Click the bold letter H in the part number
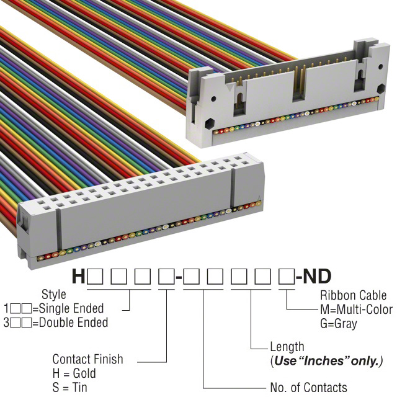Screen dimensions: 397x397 pos(78,276)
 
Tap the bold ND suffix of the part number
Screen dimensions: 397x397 pos(317,276)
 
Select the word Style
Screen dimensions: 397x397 pos(54,295)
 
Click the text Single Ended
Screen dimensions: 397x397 pos(71,308)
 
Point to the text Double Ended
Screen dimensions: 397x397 pos(74,323)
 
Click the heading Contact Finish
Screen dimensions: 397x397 pos(87,359)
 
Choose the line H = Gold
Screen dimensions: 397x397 pos(74,373)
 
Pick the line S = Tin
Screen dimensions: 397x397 pos(69,388)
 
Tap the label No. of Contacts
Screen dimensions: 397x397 pos(309,387)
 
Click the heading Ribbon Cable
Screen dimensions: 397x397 pos(353,295)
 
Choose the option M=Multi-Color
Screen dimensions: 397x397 pos(357,310)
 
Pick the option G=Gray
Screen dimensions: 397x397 pos(339,324)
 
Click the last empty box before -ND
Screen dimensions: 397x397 pos(287,277)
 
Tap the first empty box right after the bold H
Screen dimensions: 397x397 pos(95,277)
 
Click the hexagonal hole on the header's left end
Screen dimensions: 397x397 pos(210,123)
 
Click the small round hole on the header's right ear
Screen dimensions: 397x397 pos(380,67)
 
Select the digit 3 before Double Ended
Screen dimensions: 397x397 pos(7,323)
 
